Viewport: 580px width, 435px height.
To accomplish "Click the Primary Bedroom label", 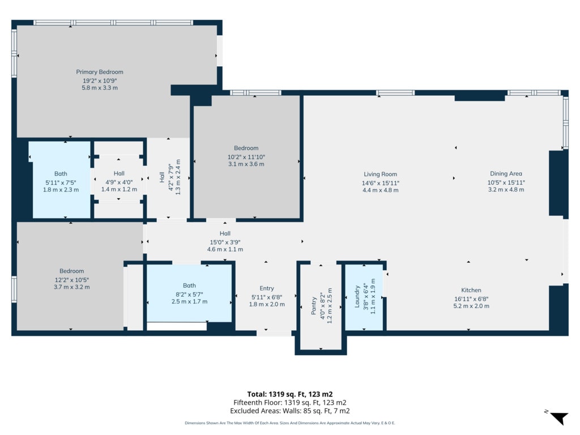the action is [x=100, y=72].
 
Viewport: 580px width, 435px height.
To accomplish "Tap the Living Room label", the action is [x=380, y=174].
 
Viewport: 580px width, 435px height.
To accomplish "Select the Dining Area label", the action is [x=506, y=173].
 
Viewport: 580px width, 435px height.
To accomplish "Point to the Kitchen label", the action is [x=471, y=290].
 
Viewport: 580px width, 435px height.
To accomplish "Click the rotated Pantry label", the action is [x=314, y=305].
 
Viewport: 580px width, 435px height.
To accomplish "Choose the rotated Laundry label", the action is [x=357, y=296].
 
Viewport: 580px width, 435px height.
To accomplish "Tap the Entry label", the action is [x=267, y=288].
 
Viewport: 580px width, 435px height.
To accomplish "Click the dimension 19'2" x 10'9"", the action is [x=100, y=80].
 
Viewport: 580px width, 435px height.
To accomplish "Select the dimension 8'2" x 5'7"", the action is [x=189, y=294].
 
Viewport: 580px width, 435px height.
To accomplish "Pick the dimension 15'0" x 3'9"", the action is [x=225, y=242].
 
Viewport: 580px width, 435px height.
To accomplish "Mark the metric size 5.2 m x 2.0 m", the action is [x=471, y=306].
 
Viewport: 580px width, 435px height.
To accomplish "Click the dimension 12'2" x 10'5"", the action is [x=71, y=280].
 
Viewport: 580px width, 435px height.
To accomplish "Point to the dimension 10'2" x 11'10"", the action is [x=246, y=157].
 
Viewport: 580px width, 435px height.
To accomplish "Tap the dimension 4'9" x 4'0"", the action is [x=119, y=182].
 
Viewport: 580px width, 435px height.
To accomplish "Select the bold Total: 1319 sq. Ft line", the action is [x=290, y=394].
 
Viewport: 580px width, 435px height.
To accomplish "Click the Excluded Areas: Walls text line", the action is [x=290, y=411].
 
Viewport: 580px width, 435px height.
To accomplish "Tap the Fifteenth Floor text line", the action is [x=290, y=403].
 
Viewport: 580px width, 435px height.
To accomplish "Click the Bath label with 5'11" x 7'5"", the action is [x=61, y=173].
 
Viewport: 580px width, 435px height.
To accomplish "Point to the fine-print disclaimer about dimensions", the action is [x=290, y=423].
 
